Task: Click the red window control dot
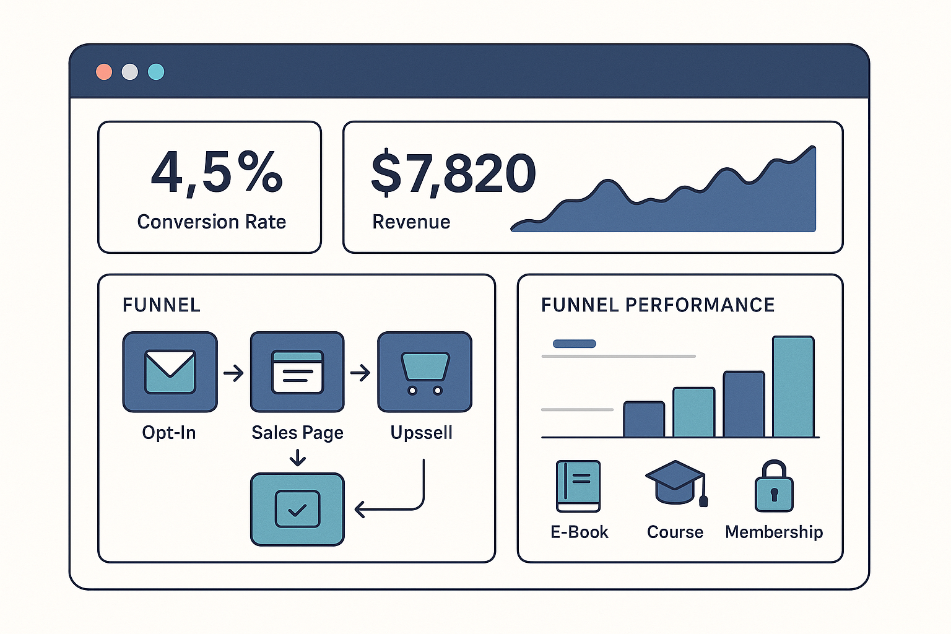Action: click(x=104, y=72)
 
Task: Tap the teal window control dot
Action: click(x=156, y=72)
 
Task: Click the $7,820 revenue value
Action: click(x=453, y=173)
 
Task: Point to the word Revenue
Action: click(x=411, y=222)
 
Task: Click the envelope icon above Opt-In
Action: click(x=170, y=371)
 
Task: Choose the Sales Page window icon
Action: click(x=297, y=371)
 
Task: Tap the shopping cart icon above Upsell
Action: click(x=425, y=371)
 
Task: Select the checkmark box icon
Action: click(x=297, y=509)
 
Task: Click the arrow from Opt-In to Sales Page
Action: click(x=233, y=373)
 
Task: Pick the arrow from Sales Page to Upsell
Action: click(x=360, y=373)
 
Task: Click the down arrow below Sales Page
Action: click(x=298, y=458)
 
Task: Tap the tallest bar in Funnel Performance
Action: click(x=793, y=387)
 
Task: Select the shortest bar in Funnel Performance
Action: click(x=644, y=419)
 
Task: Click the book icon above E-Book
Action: click(x=578, y=486)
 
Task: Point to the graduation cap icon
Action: click(x=675, y=483)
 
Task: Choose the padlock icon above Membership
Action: click(x=774, y=487)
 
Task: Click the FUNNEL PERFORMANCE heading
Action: click(x=658, y=305)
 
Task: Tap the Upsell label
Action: click(x=421, y=432)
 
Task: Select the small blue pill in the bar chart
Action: click(x=575, y=344)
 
